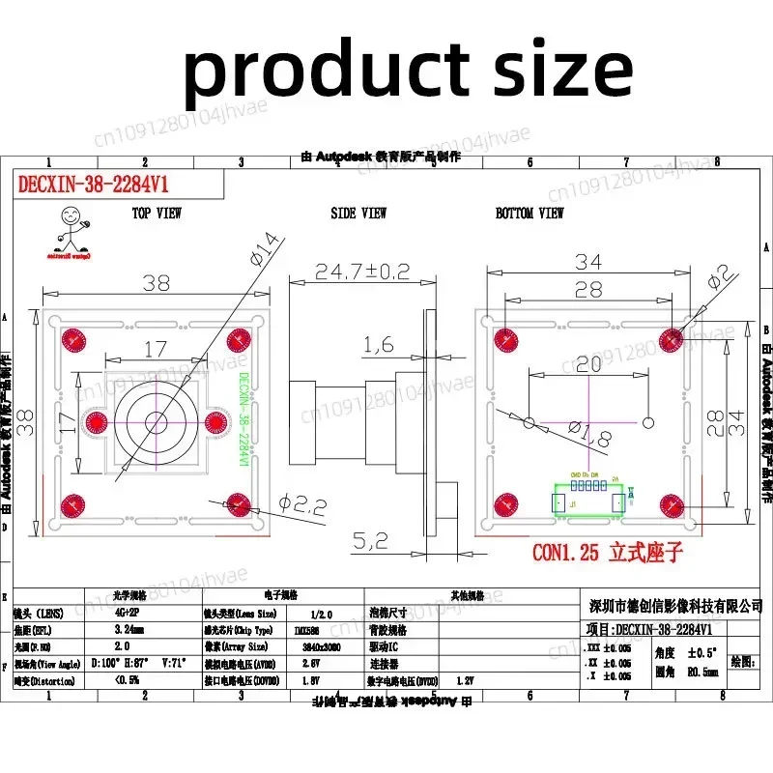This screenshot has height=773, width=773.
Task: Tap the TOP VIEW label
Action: (156, 213)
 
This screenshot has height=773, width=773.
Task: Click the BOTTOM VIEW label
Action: (530, 213)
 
